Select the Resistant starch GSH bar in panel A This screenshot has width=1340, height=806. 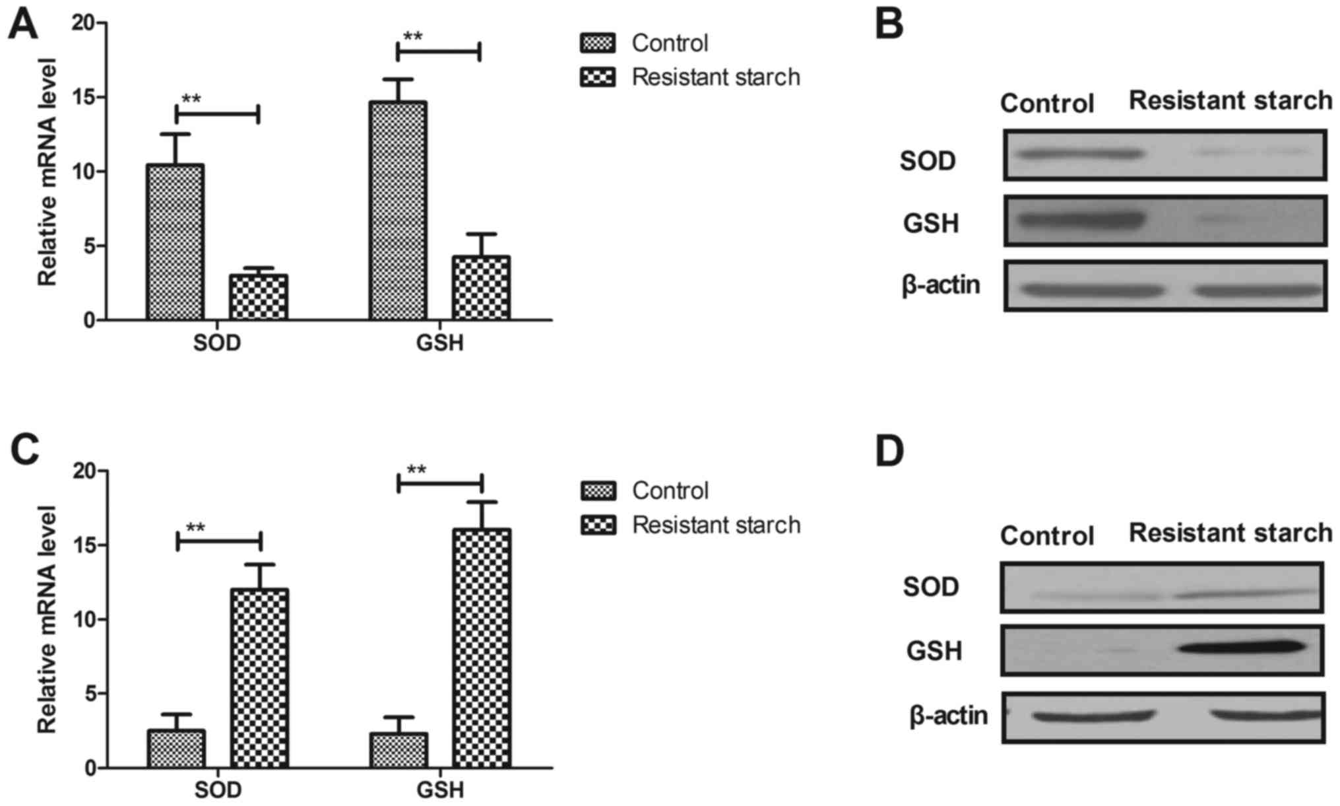pyautogui.click(x=481, y=288)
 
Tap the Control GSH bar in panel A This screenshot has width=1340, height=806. pyautogui.click(x=397, y=211)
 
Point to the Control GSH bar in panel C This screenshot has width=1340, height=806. pyautogui.click(x=398, y=750)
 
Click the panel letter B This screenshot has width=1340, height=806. pyautogui.click(x=889, y=24)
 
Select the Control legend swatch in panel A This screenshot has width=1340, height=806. pyautogui.click(x=597, y=44)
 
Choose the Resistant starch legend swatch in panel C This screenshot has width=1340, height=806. pyautogui.click(x=598, y=525)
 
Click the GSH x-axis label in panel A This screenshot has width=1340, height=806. pyautogui.click(x=439, y=343)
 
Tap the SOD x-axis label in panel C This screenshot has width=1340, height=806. pyautogui.click(x=218, y=790)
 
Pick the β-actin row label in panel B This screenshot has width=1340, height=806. pyautogui.click(x=941, y=286)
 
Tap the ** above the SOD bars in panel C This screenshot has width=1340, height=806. pyautogui.click(x=195, y=529)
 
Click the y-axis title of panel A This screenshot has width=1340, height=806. pyautogui.click(x=48, y=172)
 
